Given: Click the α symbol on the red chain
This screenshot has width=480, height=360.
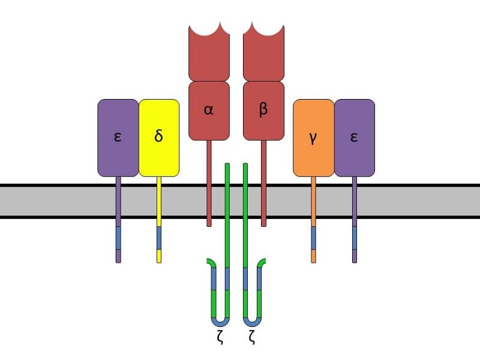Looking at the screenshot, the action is (208, 110).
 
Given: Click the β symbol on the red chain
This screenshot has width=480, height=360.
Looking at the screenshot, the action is (263, 109).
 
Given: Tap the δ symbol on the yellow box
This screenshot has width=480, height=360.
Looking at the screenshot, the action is (158, 135).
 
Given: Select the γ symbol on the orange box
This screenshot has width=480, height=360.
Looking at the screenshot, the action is (313, 139).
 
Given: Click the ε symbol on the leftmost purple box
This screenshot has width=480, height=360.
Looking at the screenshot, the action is (118, 137).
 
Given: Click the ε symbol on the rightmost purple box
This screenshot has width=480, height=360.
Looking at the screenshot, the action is (354, 137).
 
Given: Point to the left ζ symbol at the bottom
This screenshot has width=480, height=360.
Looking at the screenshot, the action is (220, 337).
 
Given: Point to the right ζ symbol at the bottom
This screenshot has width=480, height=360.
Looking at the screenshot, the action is (252, 337).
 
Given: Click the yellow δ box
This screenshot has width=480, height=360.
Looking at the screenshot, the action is (159, 138).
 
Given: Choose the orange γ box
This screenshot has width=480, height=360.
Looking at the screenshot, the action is (313, 138).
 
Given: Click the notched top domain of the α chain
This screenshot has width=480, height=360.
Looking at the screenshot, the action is (209, 52).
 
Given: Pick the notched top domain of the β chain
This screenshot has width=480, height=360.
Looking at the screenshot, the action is (263, 52).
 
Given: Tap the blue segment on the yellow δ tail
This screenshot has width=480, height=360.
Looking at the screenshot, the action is (159, 238).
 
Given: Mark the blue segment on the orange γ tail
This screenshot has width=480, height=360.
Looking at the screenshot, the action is (313, 238).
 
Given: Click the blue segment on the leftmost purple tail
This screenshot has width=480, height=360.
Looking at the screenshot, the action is (118, 238).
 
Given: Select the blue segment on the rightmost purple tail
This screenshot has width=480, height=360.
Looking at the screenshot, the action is (355, 238).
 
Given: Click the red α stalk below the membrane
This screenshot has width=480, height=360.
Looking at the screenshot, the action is (209, 223).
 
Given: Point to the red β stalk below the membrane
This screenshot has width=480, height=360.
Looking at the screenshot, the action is (263, 223).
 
